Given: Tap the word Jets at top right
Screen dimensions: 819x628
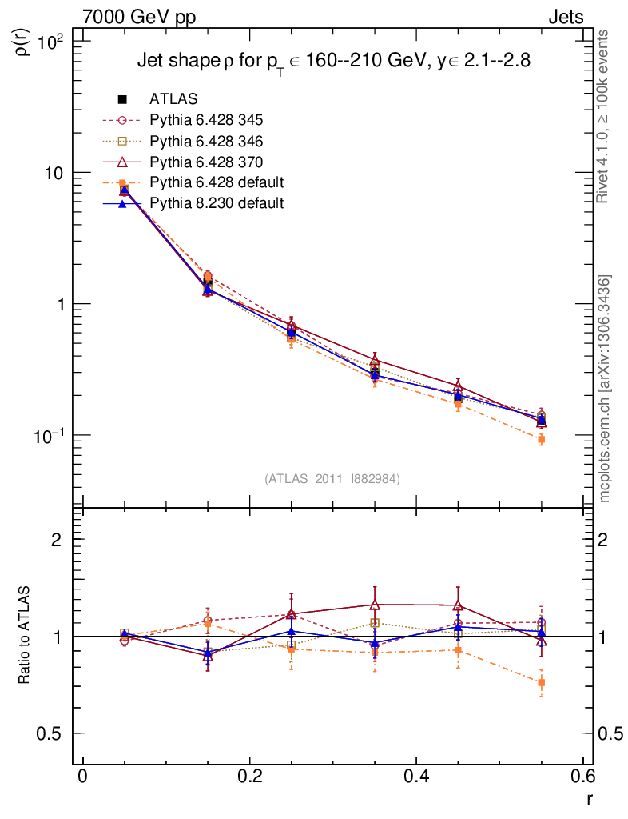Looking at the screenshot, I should [x=565, y=17].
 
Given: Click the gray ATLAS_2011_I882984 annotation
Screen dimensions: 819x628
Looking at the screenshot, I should [x=332, y=478].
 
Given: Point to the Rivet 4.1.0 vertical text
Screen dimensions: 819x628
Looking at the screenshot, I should [x=605, y=116].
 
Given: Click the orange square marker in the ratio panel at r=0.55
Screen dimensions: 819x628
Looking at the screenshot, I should [x=541, y=683].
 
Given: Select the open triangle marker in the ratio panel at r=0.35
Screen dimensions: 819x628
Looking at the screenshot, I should [x=374, y=605].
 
